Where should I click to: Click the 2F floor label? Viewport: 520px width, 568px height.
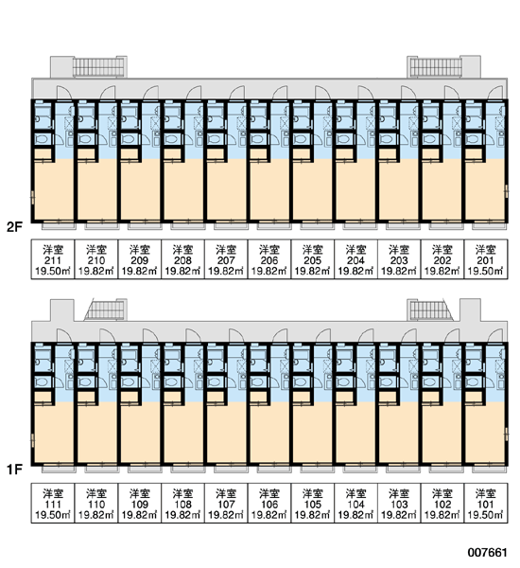pos(14,227)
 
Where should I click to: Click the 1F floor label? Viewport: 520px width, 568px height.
pos(14,470)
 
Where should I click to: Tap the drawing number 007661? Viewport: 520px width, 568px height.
pos(487,552)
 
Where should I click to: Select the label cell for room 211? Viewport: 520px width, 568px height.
pos(53,259)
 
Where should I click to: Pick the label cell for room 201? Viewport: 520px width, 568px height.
pos(486,259)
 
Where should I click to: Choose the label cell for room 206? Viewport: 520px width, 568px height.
pos(269,259)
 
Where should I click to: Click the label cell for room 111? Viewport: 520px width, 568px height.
pos(53,503)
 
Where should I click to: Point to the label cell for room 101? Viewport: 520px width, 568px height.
pos(486,503)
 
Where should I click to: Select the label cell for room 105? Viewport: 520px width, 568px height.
pos(313,503)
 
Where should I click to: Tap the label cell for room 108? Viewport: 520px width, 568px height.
pos(182,503)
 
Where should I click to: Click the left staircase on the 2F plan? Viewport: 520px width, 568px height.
pos(98,67)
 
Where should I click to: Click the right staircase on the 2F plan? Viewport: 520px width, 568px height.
pos(436,67)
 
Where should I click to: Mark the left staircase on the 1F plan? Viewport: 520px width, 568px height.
pos(105,310)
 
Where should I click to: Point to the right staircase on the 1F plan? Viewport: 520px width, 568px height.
pos(430,310)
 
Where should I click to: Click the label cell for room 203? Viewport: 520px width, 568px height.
pos(399,259)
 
